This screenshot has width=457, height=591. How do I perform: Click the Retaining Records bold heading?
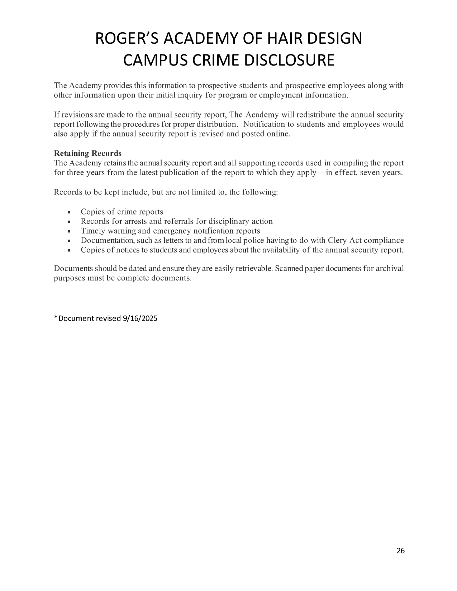pos(87,153)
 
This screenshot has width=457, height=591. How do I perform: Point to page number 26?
pos(400,551)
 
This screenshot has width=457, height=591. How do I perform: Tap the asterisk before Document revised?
pos(56,318)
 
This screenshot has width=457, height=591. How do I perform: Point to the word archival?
pos(391,268)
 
